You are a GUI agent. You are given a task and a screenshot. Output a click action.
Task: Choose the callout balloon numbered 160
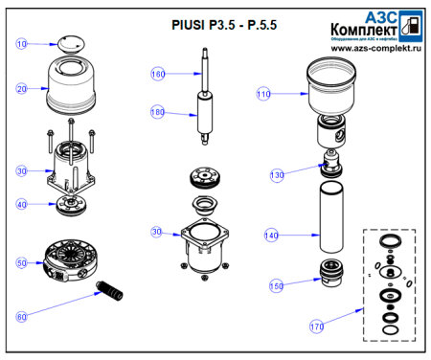click(x=158, y=74)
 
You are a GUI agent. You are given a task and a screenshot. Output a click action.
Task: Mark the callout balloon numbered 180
click(x=158, y=113)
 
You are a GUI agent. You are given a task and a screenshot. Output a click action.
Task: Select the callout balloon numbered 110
click(x=263, y=94)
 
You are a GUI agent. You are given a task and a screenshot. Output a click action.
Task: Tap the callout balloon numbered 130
click(x=278, y=175)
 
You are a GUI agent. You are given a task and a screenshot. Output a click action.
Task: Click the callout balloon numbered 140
click(x=272, y=235)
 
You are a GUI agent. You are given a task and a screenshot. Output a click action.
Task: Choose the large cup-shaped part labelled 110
click(x=331, y=87)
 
